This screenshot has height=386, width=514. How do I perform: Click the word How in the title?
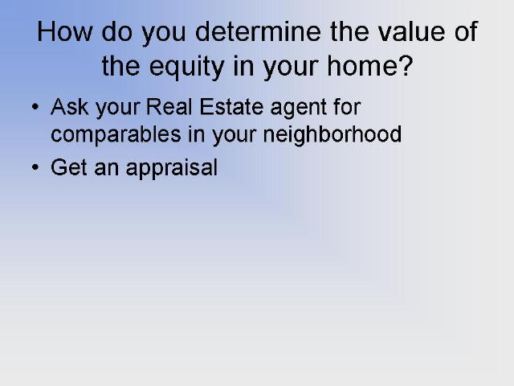(65, 31)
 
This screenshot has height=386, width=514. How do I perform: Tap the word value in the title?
(412, 31)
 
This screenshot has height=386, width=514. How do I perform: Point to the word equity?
(186, 68)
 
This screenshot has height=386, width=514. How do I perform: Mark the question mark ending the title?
(406, 66)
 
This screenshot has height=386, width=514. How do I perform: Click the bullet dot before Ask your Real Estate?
(35, 107)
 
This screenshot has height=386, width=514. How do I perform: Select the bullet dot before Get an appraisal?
(35, 167)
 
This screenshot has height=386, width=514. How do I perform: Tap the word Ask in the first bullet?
(70, 107)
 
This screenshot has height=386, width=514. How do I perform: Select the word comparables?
(116, 135)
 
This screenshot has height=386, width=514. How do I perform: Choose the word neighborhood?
(332, 135)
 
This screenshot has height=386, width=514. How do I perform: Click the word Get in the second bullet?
(69, 167)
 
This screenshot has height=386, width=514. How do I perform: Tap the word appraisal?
(172, 169)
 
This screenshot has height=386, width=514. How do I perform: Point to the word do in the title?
(116, 31)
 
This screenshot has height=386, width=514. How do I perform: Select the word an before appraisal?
(107, 170)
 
